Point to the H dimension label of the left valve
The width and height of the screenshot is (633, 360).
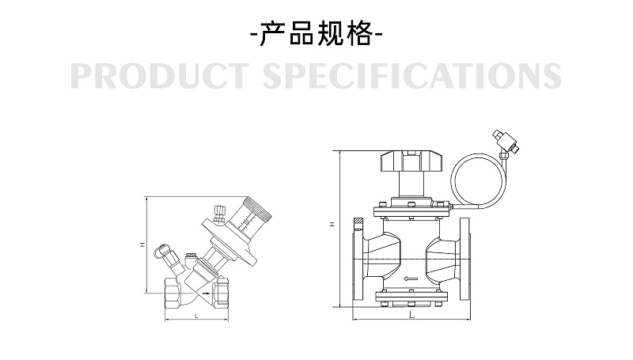pos(142,245)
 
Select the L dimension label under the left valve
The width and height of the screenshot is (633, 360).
pos(195,316)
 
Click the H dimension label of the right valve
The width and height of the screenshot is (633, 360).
pos(333,225)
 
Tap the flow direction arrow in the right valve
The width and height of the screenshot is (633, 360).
pos(411,279)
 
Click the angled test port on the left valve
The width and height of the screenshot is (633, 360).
pos(165,253)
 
